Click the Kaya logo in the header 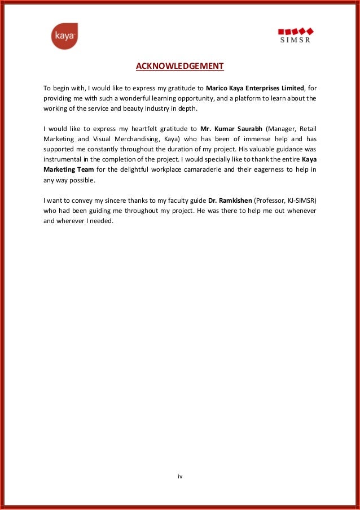click(x=64, y=36)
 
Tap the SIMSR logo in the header click(x=296, y=35)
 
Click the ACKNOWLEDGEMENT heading click(x=179, y=67)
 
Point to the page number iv click(x=180, y=477)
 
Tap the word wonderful click(x=146, y=98)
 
